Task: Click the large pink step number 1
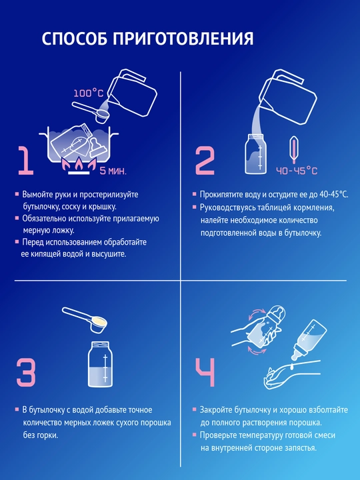(25, 160)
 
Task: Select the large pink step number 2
(205, 160)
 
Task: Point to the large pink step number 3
(26, 372)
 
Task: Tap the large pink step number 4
(205, 373)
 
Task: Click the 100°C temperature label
(88, 93)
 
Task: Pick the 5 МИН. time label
(113, 171)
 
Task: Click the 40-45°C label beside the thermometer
(297, 171)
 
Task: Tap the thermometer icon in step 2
(293, 150)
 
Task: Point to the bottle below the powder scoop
(100, 364)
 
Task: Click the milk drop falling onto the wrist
(293, 365)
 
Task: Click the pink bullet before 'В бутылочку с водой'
(17, 409)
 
